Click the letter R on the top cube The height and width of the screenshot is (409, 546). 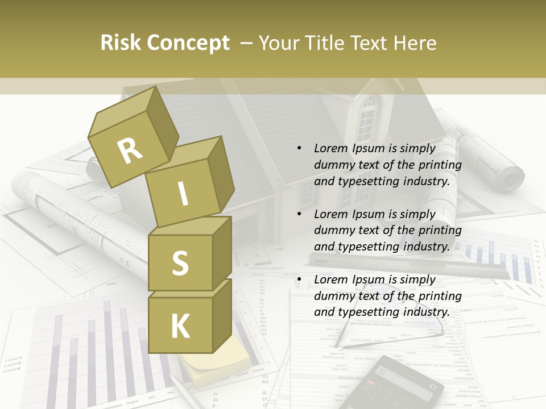pos(130,151)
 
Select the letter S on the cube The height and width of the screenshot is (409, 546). pos(180,263)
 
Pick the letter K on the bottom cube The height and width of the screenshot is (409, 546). pos(180,327)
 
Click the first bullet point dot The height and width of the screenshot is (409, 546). pos(299,148)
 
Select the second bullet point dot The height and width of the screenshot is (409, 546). pos(299,214)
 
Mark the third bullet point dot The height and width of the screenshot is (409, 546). pos(299,279)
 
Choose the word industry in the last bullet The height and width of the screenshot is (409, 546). pos(425,312)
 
